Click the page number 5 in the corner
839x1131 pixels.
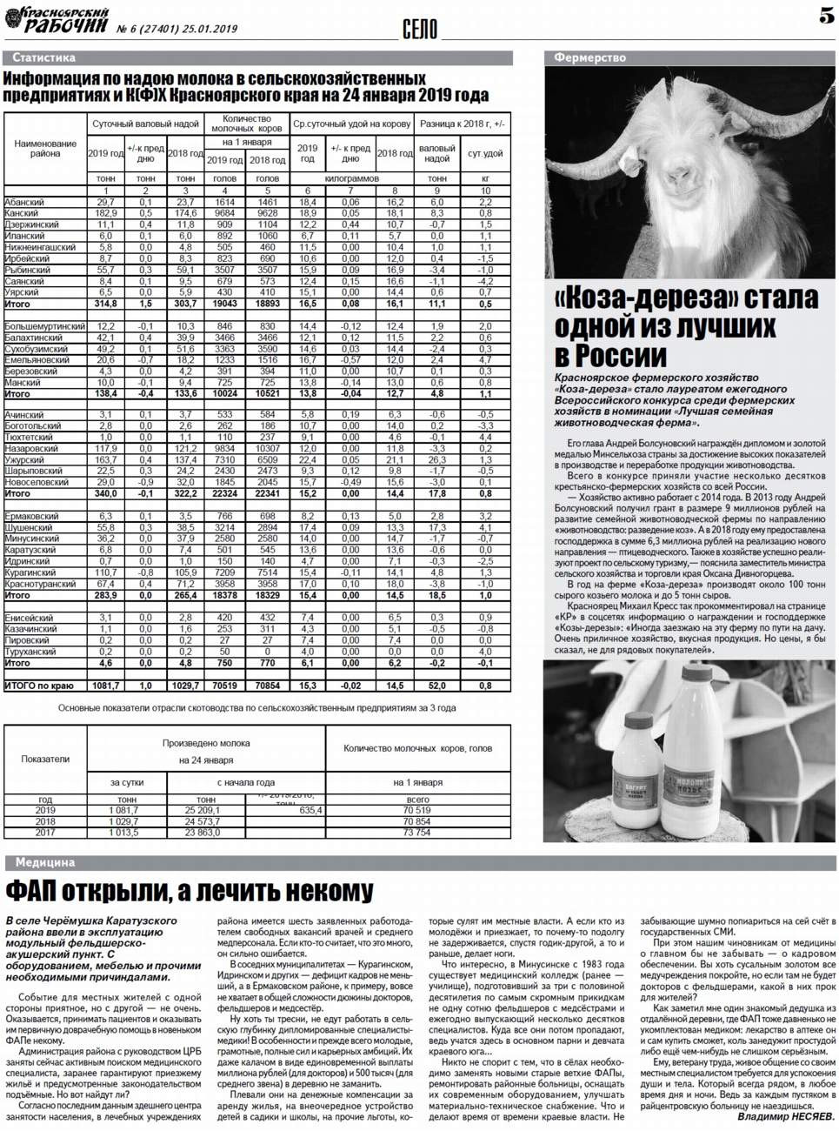[x=825, y=15]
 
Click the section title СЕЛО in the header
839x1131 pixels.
[x=420, y=30]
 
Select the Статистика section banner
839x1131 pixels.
[x=44, y=57]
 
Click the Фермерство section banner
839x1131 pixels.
[x=589, y=57]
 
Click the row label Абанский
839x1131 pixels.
[x=24, y=202]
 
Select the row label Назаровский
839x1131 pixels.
[x=31, y=448]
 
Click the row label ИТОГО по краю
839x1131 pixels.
[x=39, y=686]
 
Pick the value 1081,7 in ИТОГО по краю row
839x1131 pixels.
[x=105, y=686]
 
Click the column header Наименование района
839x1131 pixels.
[x=45, y=148]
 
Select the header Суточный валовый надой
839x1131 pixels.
[x=145, y=124]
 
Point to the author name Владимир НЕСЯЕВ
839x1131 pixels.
[x=784, y=1116]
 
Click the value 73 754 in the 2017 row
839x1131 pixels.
[x=417, y=833]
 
